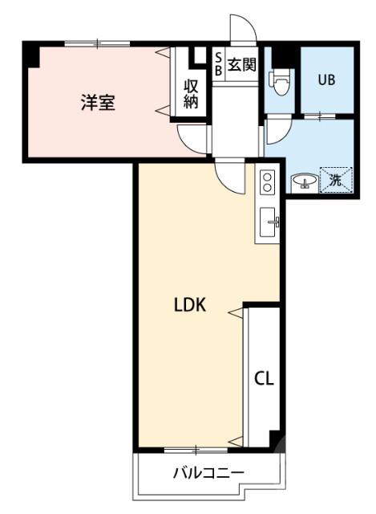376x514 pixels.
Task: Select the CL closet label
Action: tap(265, 378)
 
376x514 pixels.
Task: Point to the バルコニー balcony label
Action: tap(208, 473)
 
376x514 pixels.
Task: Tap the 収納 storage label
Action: tap(191, 93)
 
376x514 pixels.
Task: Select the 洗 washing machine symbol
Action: tap(336, 180)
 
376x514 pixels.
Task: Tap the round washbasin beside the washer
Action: tap(304, 182)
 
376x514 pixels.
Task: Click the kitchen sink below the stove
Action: tap(269, 219)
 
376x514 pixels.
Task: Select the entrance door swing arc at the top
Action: tap(243, 28)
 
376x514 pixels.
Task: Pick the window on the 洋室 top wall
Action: tap(97, 42)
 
